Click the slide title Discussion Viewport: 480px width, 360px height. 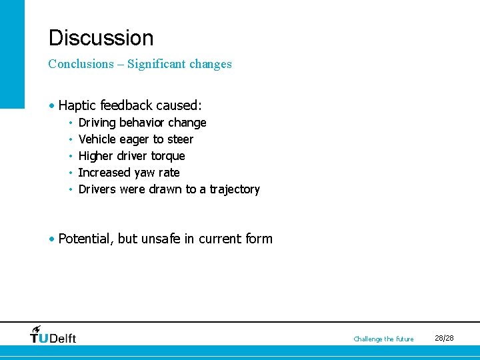click(101, 38)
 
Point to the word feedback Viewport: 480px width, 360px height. click(125, 105)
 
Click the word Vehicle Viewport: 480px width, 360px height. click(97, 139)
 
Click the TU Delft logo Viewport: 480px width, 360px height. click(53, 335)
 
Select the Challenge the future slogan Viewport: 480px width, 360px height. click(383, 339)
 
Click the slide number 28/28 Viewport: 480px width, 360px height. click(444, 339)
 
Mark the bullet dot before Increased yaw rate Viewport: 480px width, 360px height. click(70, 173)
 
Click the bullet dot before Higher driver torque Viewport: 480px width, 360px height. click(70, 157)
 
